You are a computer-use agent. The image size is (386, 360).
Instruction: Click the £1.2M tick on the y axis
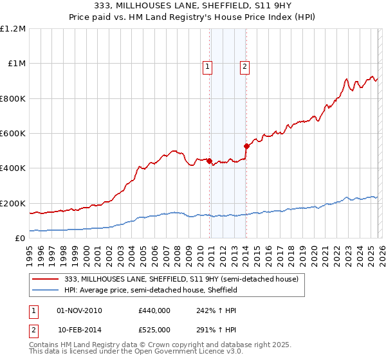13,29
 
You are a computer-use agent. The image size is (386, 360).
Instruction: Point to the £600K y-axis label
13,134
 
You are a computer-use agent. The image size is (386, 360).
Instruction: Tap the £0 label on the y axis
20,239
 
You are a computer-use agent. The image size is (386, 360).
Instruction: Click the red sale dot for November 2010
210,161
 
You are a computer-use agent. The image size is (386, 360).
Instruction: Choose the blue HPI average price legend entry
151,291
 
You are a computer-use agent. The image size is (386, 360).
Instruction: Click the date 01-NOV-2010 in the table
80,310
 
